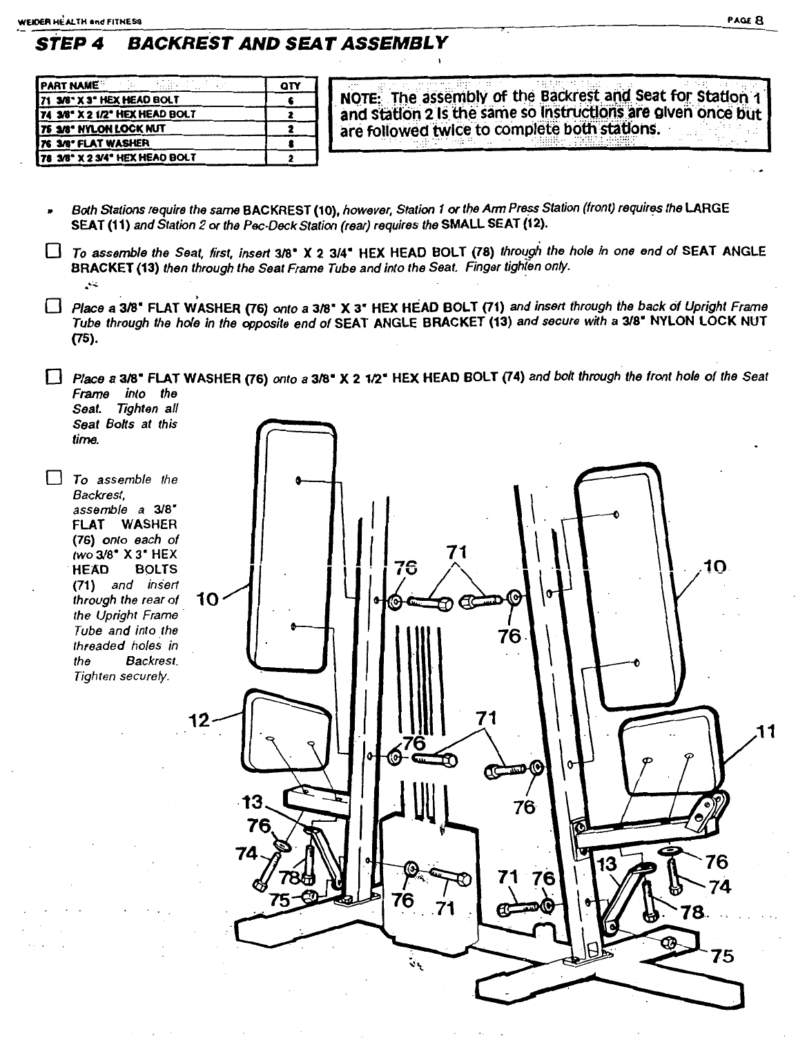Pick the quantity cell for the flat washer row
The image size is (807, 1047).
[x=291, y=143]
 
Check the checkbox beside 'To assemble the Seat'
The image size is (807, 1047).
[x=52, y=251]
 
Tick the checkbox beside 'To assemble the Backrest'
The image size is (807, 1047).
[x=52, y=478]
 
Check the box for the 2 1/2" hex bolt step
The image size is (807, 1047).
[x=52, y=378]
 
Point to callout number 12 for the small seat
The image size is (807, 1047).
[x=200, y=721]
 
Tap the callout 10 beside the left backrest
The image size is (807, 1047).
[x=208, y=599]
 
